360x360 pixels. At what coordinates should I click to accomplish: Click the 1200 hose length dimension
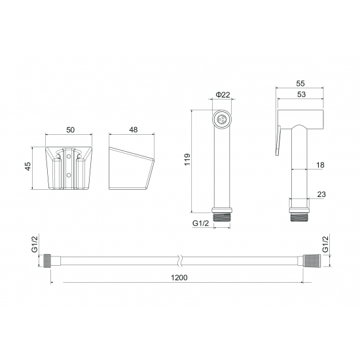coord(179,278)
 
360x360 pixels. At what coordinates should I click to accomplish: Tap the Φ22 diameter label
coord(223,95)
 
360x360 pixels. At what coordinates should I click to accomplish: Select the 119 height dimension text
coord(187,160)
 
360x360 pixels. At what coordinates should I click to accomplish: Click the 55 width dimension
coord(300,84)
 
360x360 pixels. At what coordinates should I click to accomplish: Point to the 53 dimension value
coord(301,94)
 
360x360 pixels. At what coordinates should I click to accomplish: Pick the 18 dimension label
coord(320,165)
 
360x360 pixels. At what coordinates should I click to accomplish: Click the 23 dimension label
coord(321,194)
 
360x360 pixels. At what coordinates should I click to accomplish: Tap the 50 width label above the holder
coord(71,130)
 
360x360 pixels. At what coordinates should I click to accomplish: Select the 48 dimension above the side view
coord(133,130)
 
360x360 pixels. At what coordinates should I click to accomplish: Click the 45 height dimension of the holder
coord(27,166)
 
